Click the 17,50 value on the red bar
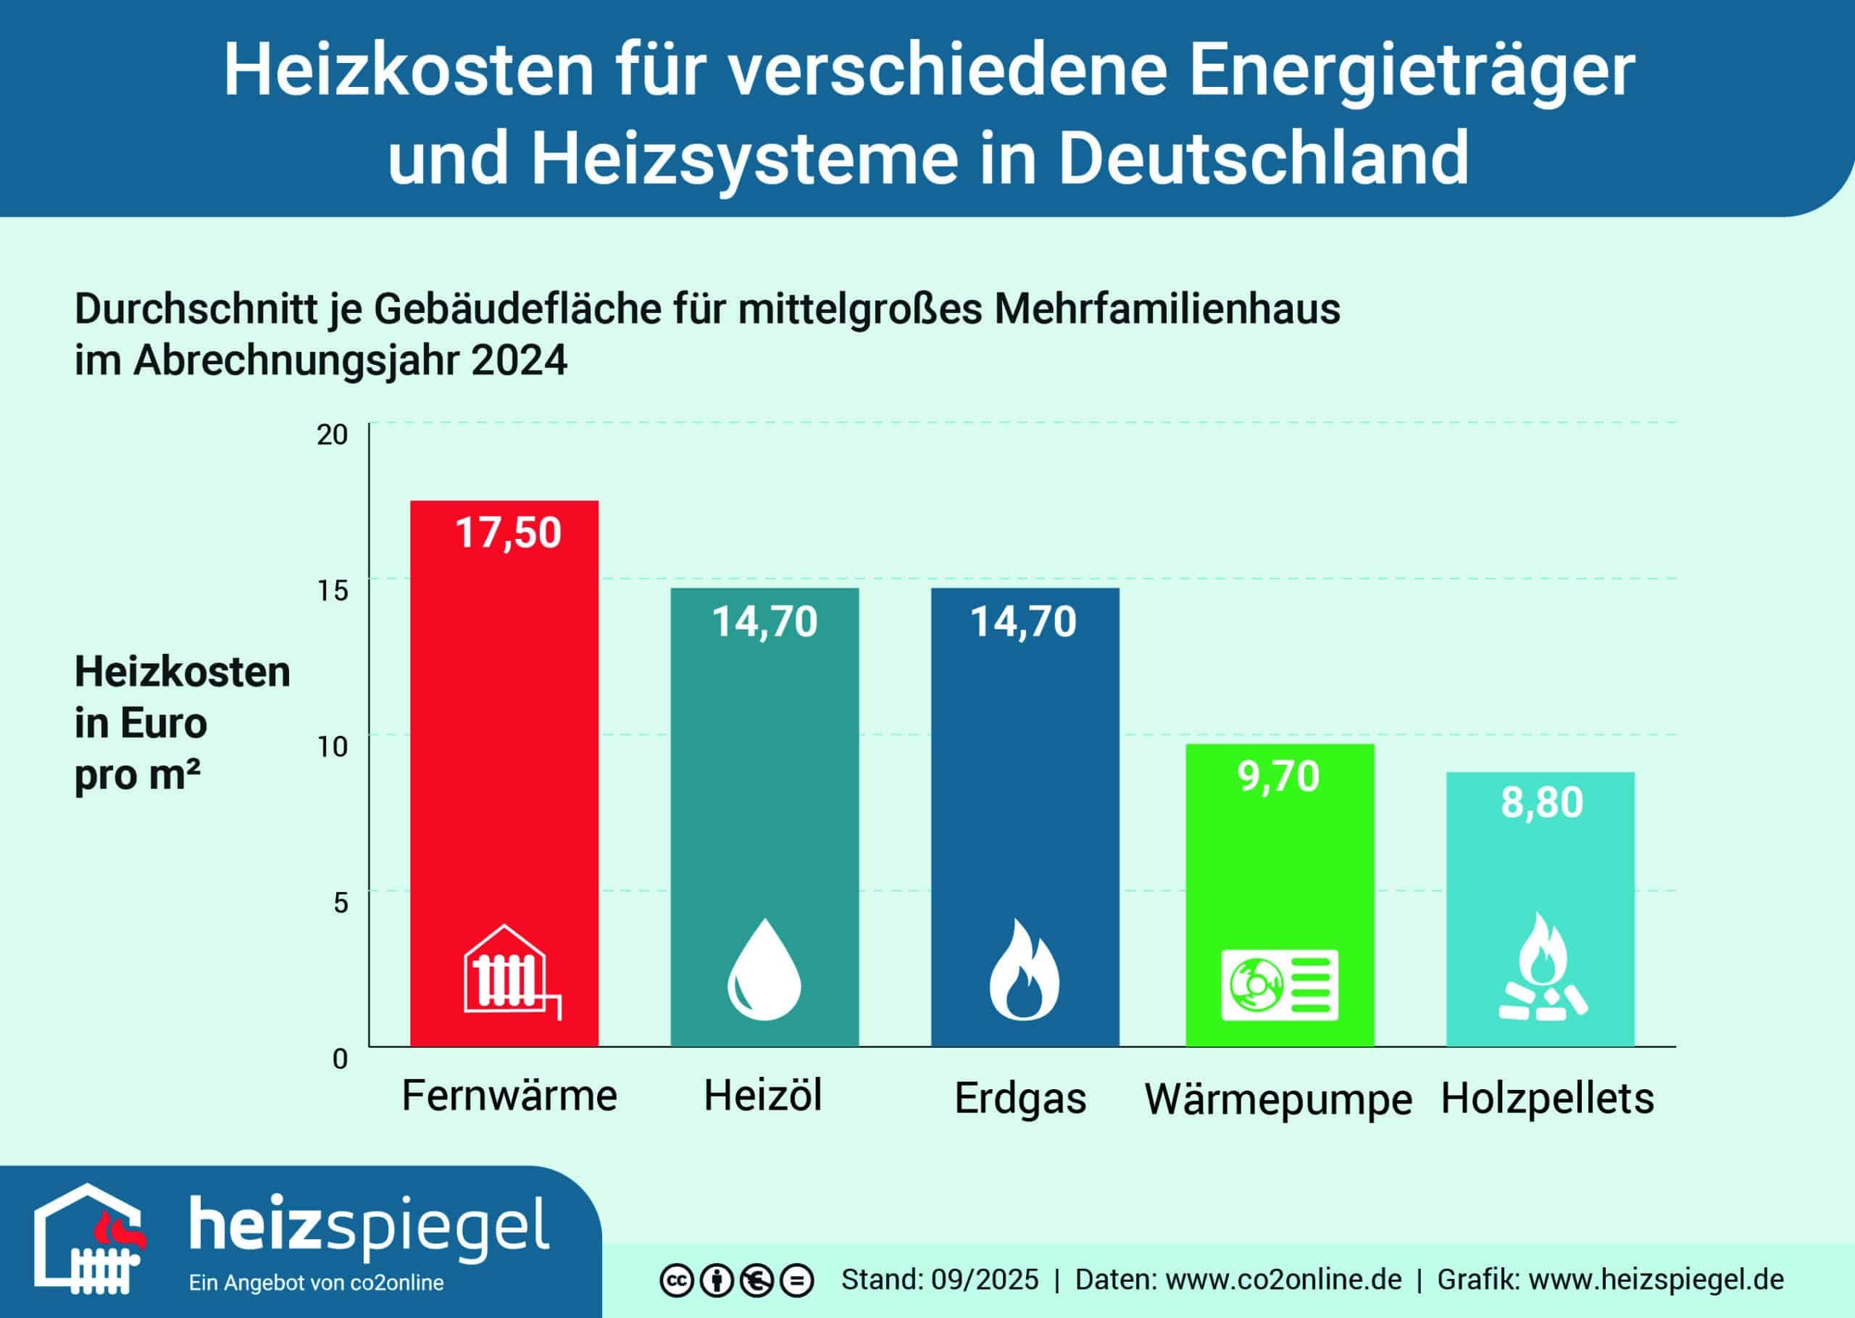508,534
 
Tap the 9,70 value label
1279,776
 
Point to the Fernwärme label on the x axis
509,1096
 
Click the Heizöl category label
762,1096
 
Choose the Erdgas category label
1020,1099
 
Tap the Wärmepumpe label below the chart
1277,1101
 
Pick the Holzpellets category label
1546,1099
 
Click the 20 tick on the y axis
332,435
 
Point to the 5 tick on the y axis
340,902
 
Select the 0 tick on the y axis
340,1059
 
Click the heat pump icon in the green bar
1280,984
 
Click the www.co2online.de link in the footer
1283,1280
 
